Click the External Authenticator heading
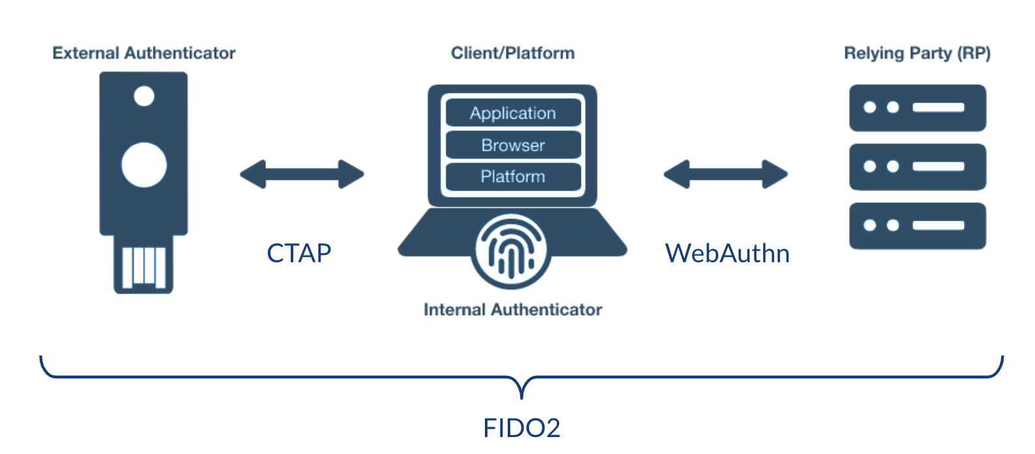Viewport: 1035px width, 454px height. (144, 53)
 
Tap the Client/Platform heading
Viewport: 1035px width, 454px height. (513, 53)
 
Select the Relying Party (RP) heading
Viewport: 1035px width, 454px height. (917, 53)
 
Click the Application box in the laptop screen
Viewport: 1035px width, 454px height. (513, 113)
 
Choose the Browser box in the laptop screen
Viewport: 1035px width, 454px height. (513, 145)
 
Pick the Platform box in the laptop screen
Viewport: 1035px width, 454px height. (513, 176)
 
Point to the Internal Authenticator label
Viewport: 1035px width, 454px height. (513, 310)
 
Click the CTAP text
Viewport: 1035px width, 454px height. (299, 253)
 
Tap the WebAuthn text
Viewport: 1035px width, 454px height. (727, 253)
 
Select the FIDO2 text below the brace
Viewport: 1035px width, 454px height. (521, 428)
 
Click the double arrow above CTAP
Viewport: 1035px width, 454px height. (302, 174)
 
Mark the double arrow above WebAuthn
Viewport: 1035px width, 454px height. (725, 174)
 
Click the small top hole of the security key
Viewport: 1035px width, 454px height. (144, 97)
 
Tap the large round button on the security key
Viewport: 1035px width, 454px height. (144, 164)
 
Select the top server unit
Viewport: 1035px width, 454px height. (917, 108)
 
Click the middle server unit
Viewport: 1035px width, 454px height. (917, 167)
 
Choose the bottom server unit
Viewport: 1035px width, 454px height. (917, 226)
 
